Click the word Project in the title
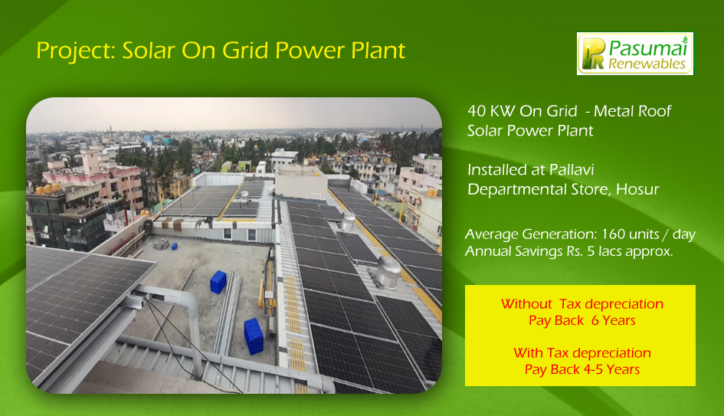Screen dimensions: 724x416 (76, 51)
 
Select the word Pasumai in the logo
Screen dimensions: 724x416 (648, 47)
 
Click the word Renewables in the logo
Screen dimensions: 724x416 (647, 64)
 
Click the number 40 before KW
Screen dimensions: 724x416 (476, 111)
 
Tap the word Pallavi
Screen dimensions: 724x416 (572, 170)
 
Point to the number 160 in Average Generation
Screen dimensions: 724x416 (613, 234)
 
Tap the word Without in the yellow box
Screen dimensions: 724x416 (526, 304)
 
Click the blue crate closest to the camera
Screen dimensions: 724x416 (254, 336)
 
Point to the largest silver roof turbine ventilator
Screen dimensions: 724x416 (388, 273)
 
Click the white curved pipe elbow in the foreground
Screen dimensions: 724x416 (187, 300)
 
